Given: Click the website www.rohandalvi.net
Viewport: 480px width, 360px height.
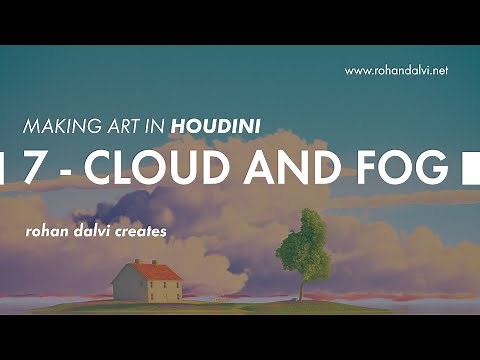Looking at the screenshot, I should tap(396, 70).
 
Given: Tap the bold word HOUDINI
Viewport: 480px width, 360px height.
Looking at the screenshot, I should tap(216, 127).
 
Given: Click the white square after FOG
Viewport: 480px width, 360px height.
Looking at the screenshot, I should tap(465, 169).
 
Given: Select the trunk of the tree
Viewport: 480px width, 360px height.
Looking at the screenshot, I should tap(300, 288).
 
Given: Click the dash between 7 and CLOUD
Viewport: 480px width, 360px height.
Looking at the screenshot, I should tap(67, 171).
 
